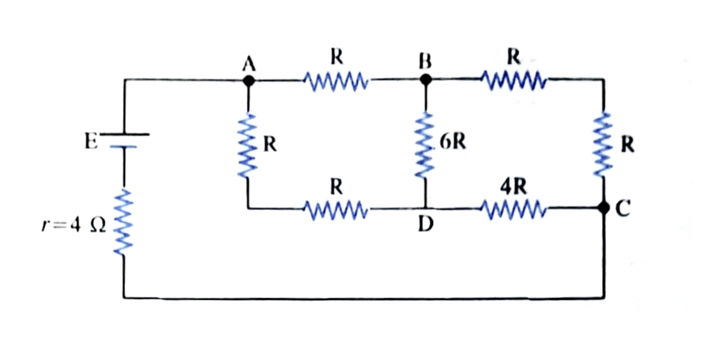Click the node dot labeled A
coord(248,80)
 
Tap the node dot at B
coord(425,80)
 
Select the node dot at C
coord(603,208)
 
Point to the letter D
coord(425,223)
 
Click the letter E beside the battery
coord(91,142)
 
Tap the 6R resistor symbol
coord(425,145)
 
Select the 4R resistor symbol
coord(514,209)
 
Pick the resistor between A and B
coord(336,80)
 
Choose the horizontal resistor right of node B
coord(514,80)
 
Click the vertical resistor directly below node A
coord(248,145)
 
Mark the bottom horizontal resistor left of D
coord(336,209)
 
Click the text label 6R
coord(452,142)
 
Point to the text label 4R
coord(514,187)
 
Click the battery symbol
coord(124,140)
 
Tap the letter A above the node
coord(248,64)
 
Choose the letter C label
coord(623,209)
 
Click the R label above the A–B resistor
coord(336,57)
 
